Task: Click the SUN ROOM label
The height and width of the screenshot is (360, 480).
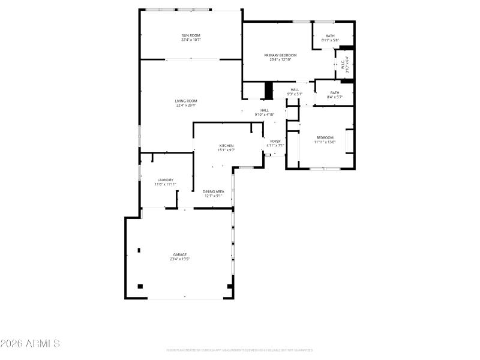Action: [191, 36]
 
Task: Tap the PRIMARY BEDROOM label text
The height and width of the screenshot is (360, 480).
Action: [280, 55]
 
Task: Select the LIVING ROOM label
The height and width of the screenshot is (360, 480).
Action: [186, 101]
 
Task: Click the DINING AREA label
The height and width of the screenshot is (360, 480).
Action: [214, 191]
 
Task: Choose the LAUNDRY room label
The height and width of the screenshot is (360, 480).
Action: [166, 180]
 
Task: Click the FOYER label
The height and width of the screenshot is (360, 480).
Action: [275, 141]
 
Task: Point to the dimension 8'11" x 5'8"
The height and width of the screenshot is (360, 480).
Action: [330, 40]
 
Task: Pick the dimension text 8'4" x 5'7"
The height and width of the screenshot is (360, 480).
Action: [334, 97]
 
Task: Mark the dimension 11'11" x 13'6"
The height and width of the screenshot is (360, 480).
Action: [325, 142]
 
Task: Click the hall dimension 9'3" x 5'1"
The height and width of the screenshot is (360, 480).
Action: [295, 94]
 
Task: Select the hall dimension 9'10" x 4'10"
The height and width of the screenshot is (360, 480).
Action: [265, 114]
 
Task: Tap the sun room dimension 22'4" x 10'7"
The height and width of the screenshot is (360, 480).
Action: [191, 40]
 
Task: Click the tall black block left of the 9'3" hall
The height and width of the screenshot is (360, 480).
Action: [269, 91]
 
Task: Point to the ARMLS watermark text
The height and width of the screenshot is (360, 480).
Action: [30, 344]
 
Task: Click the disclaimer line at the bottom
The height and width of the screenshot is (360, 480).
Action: [239, 350]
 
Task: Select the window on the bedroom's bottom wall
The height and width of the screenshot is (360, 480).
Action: [325, 169]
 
